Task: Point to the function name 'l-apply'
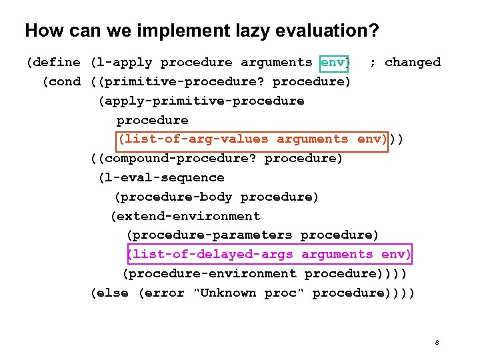[x=123, y=63]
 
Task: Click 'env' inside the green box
[x=333, y=63]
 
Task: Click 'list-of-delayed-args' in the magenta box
[x=212, y=255]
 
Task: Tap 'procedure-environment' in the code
[x=213, y=274]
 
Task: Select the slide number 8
[x=437, y=343]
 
